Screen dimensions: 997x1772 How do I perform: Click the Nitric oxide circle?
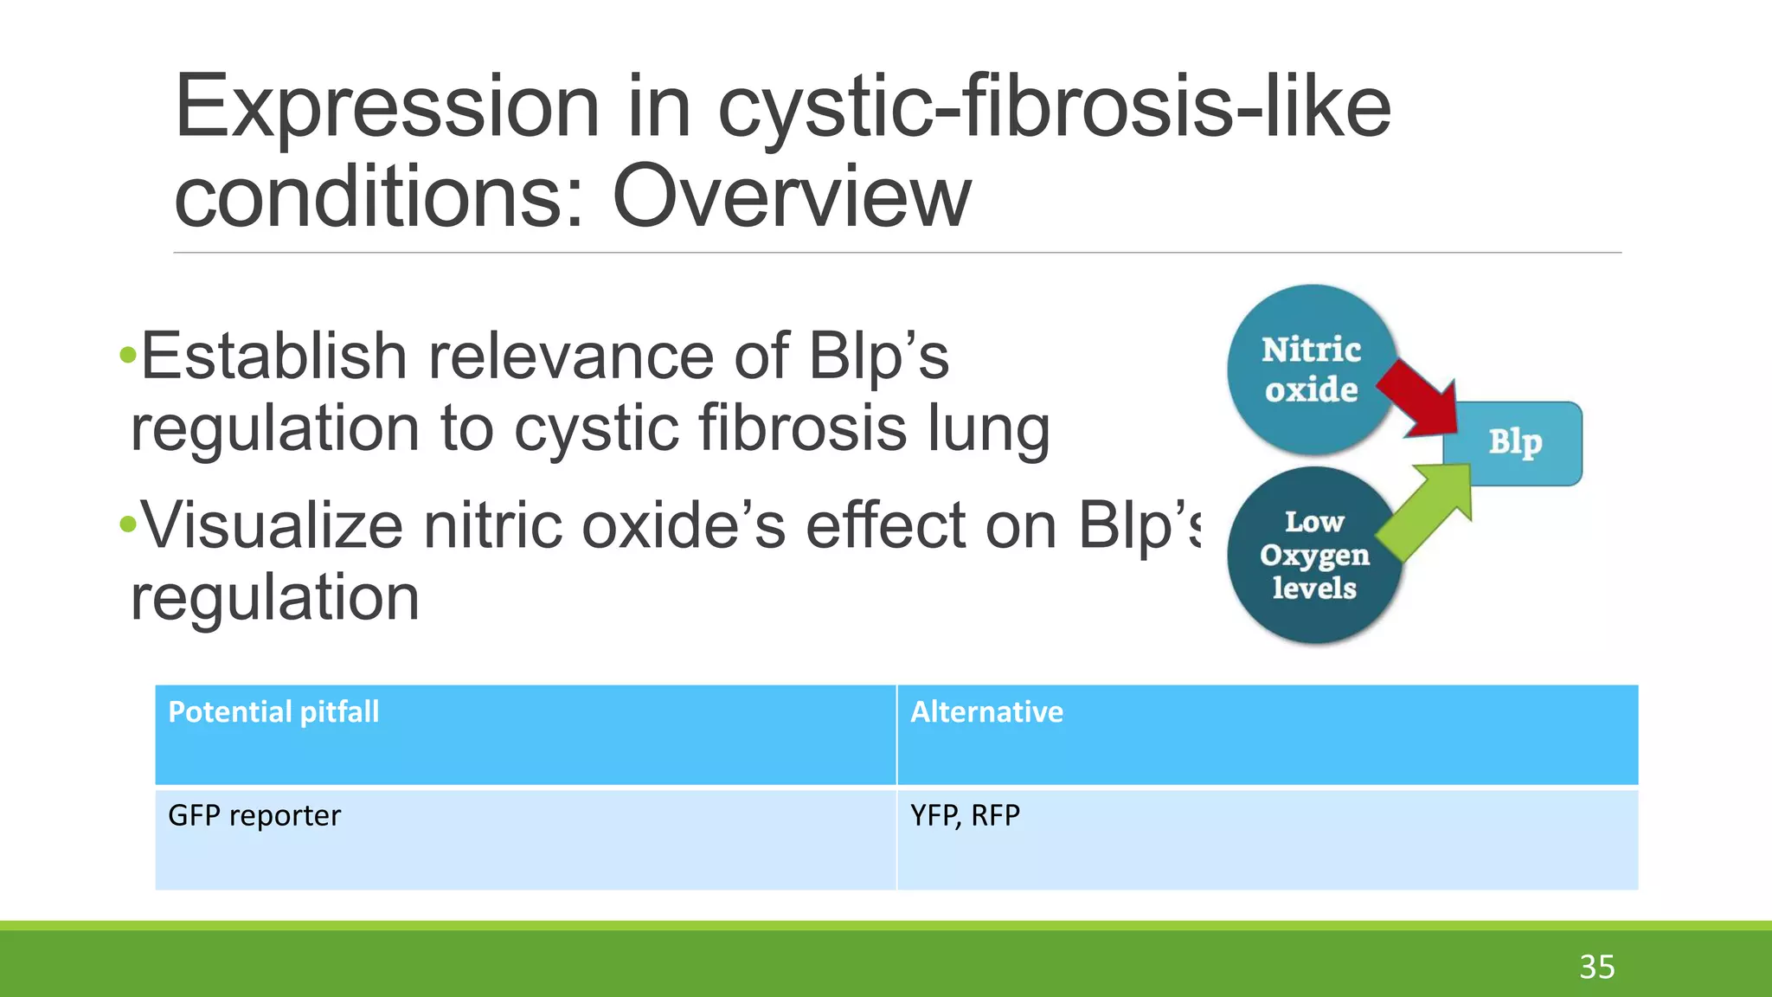click(x=1311, y=370)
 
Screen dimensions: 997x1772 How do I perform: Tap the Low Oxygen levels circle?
click(x=1313, y=555)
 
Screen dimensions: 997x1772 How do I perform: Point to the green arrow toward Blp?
click(x=1424, y=510)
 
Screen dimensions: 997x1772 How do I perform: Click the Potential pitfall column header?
click(x=273, y=712)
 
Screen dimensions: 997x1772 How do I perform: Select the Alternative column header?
click(x=986, y=712)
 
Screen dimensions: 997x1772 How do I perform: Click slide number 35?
click(x=1596, y=967)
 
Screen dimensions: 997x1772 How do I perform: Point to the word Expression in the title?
click(x=387, y=107)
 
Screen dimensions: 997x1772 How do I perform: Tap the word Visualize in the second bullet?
click(x=272, y=525)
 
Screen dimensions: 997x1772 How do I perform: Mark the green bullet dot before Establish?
click(x=129, y=354)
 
